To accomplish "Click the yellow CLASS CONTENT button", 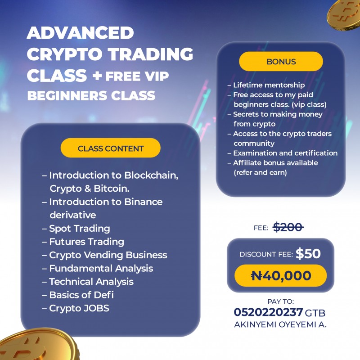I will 110,148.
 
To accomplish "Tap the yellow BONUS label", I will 281,62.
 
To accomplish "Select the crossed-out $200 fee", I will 288,227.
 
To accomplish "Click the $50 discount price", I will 308,254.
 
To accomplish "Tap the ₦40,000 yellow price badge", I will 281,275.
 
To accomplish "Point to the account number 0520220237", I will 268,312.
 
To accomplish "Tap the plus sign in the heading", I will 96,76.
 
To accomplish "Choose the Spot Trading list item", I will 79,228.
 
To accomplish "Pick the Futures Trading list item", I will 86,242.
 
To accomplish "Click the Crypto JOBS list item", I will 79,308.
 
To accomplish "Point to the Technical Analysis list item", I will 91,282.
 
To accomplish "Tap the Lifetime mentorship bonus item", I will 269,85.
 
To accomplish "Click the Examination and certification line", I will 285,153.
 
